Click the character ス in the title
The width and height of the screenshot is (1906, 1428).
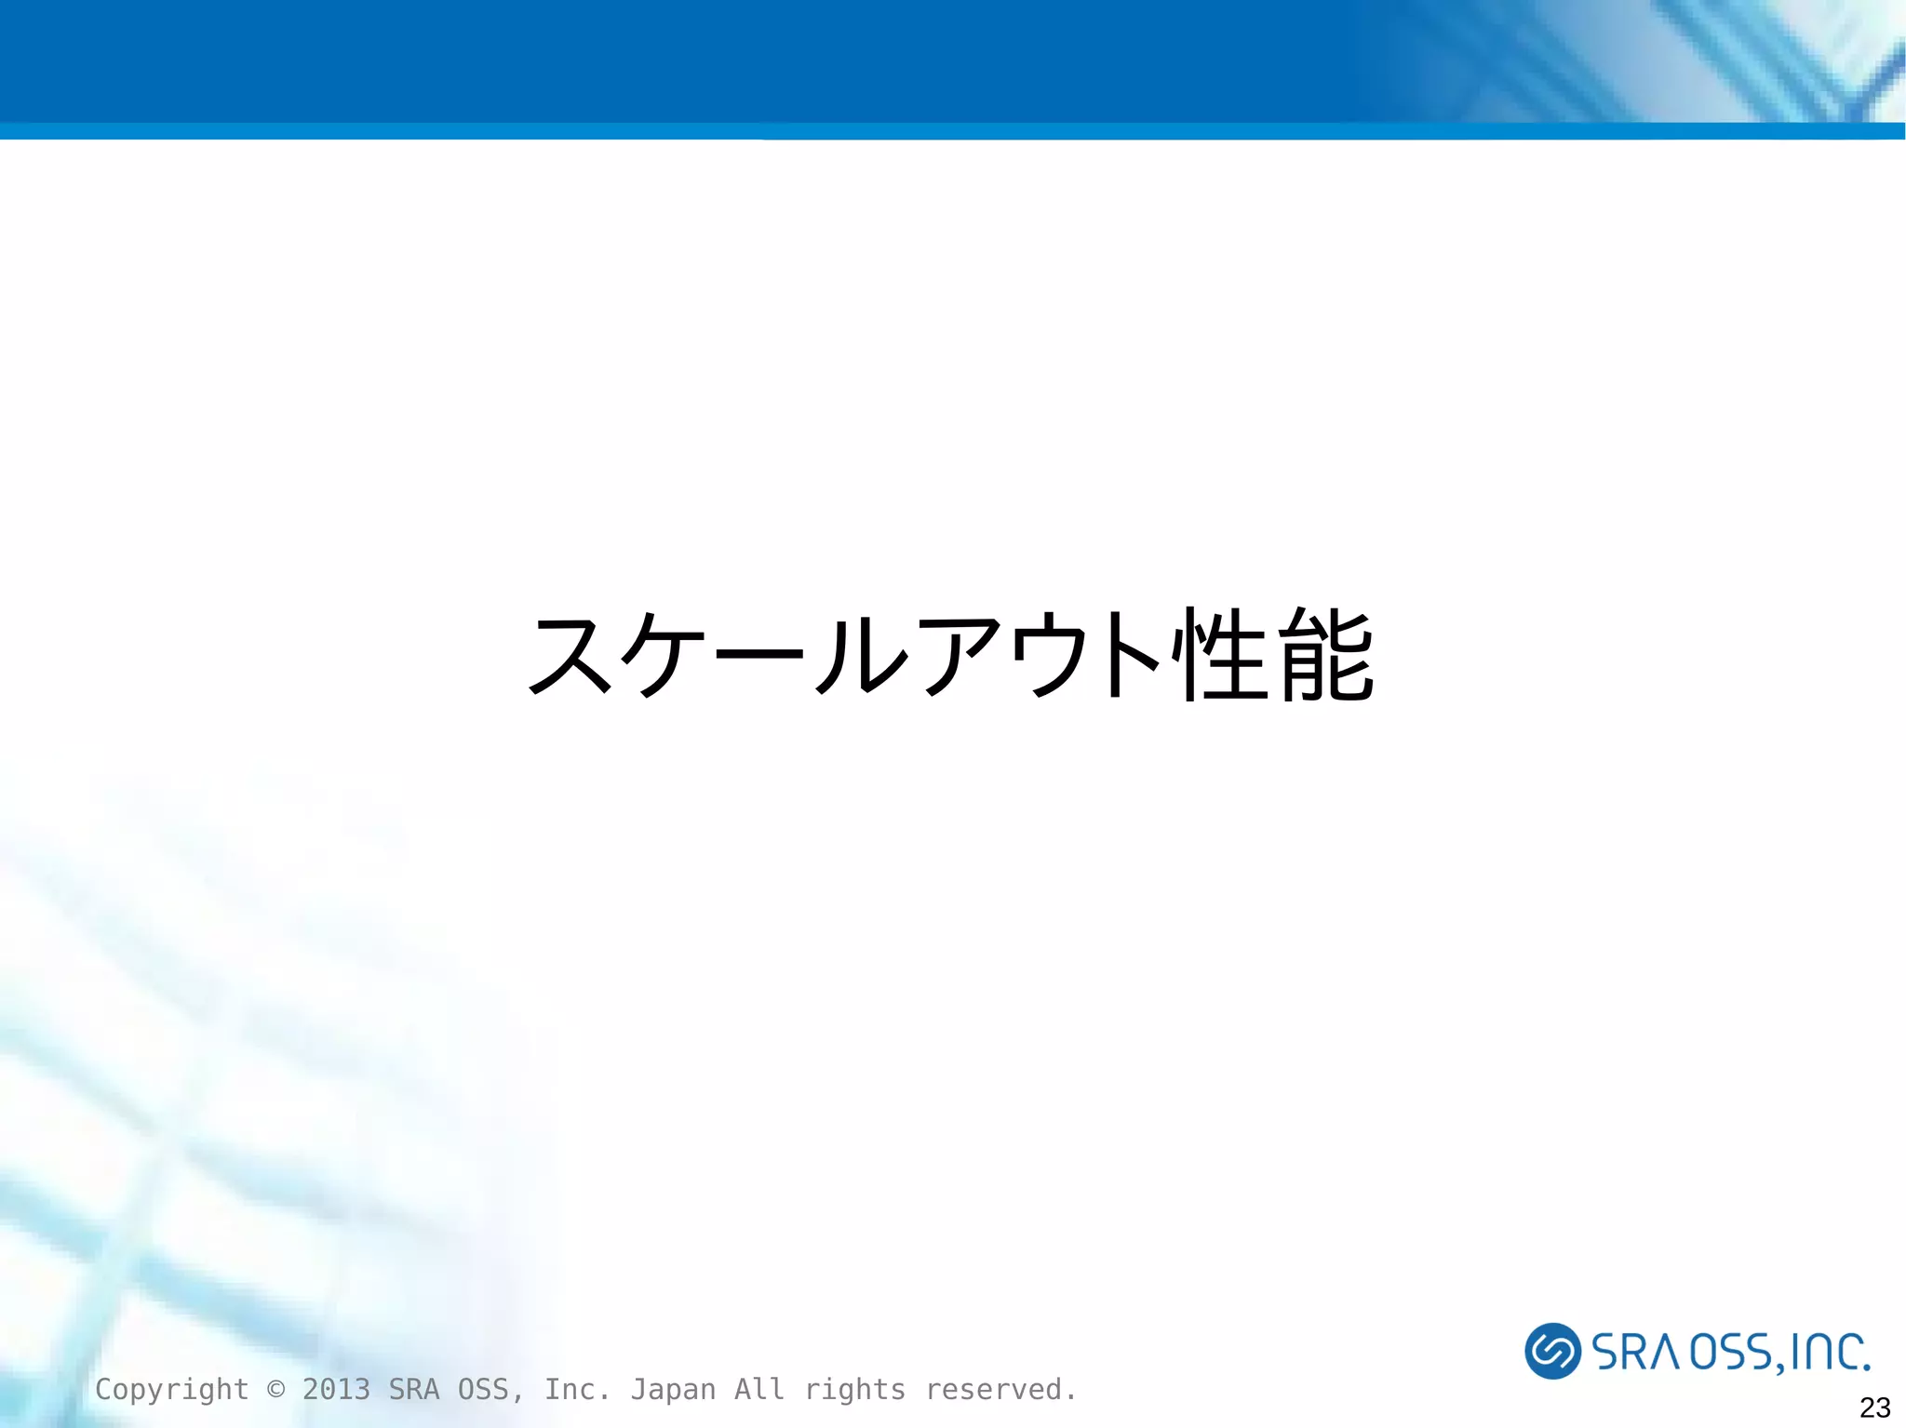pos(572,655)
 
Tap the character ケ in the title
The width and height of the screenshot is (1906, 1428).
pos(668,655)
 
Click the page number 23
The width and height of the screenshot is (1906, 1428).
pos(1874,1407)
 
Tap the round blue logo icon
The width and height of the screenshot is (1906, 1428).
pos(1552,1350)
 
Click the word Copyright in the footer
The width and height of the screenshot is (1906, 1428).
pos(171,1389)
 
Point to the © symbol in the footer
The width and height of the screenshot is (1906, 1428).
pos(275,1389)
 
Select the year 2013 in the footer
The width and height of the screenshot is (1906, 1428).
pos(336,1389)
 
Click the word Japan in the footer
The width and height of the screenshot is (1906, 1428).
pos(673,1389)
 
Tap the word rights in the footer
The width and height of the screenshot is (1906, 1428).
pos(854,1389)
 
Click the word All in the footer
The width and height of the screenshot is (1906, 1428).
pos(759,1389)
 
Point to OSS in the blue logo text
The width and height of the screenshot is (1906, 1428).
pos(1731,1352)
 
